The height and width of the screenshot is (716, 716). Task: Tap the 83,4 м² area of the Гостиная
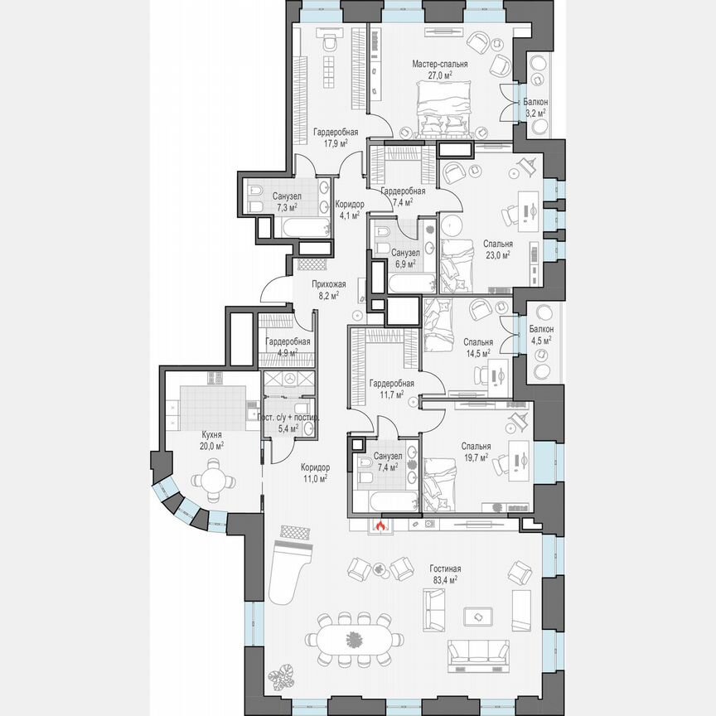(x=445, y=580)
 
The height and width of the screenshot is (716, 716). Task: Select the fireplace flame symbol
(x=381, y=525)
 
